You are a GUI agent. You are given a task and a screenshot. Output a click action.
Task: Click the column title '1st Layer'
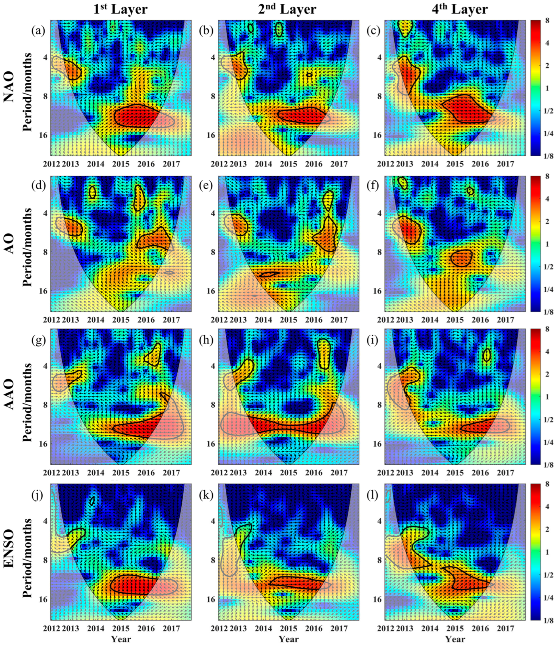(x=121, y=9)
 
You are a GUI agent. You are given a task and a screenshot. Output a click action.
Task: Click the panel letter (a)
(x=38, y=30)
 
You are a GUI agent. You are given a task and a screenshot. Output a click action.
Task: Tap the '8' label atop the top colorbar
(x=547, y=22)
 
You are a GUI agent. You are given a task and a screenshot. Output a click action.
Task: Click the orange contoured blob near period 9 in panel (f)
(x=461, y=258)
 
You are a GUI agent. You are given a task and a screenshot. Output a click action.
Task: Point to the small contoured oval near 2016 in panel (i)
(x=486, y=355)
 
